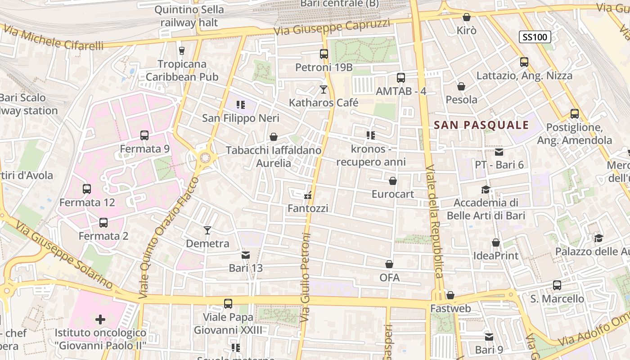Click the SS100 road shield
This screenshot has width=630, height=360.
pos(535,37)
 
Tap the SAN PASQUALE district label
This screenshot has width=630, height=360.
pos(481,125)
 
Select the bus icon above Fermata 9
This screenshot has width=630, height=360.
pos(144,135)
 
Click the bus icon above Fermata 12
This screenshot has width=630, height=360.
pos(87,189)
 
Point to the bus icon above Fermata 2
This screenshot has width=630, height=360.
pos(103,223)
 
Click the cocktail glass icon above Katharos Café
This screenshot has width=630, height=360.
pos(324,90)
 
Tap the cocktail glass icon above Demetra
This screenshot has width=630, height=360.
pos(207,230)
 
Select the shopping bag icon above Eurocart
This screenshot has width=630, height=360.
pos(393,181)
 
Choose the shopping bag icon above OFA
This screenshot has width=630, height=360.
pos(389,264)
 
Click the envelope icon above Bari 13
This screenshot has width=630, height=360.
pos(246,255)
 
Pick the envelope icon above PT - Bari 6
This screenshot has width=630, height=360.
pos(499,152)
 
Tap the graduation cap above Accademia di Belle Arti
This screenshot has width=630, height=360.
pos(486,189)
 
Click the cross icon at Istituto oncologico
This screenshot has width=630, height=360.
pos(100,319)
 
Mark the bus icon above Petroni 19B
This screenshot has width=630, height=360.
pos(324,54)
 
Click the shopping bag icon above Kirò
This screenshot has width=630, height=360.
pos(467,18)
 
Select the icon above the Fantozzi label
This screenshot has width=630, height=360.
pos(308,195)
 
